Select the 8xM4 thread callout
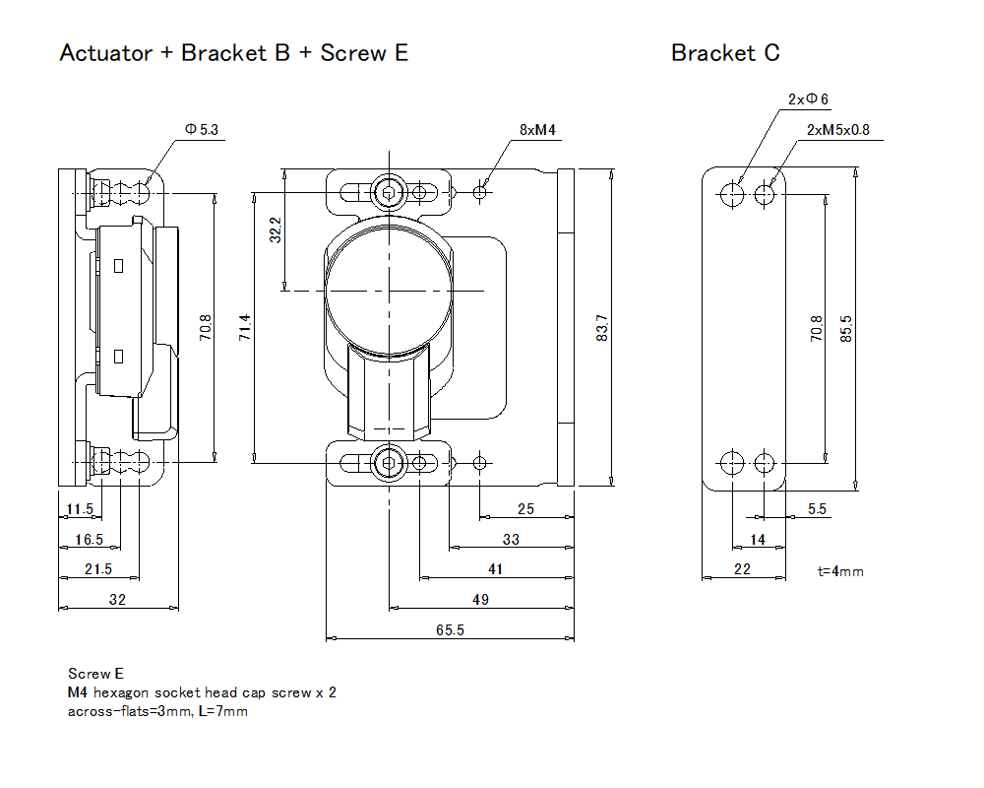click(x=536, y=130)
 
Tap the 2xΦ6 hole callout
click(x=808, y=99)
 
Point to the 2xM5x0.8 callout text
click(x=837, y=130)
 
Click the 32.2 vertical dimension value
click(x=277, y=230)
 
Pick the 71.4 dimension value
click(x=245, y=328)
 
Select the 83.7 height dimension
click(x=602, y=328)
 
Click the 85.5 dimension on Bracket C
click(x=845, y=328)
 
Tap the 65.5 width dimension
click(x=450, y=630)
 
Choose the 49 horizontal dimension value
click(x=480, y=600)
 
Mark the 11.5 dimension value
click(x=79, y=509)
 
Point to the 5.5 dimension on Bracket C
click(x=817, y=509)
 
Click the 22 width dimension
click(x=742, y=569)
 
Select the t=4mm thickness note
click(x=840, y=570)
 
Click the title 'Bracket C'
click(x=725, y=53)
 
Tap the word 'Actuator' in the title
click(x=106, y=53)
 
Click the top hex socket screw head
click(x=390, y=191)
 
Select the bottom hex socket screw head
click(x=390, y=462)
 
